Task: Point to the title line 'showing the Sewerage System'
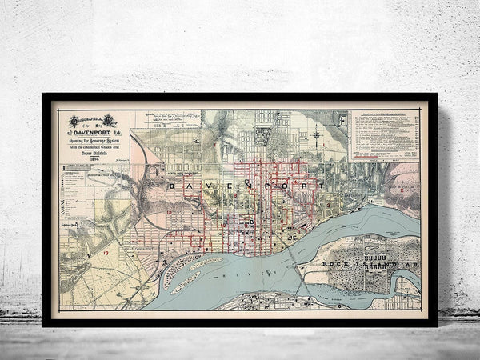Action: point(94,141)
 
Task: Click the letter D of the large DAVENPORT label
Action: point(174,186)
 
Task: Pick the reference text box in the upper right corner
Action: point(383,136)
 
